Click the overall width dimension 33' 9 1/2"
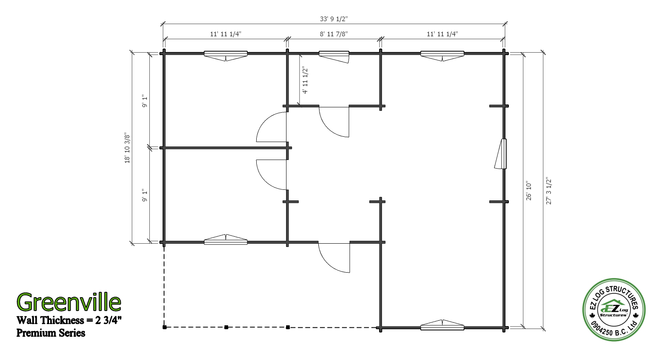pos(334,19)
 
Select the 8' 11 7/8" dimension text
pos(334,34)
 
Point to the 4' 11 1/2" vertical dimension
pos(305,80)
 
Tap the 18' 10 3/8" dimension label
pos(127,149)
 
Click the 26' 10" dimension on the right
pos(529,191)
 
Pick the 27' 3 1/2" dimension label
pos(548,191)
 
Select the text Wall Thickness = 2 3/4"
pos(69,320)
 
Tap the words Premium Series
pos(51,333)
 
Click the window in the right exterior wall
pos(502,153)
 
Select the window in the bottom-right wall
pos(442,325)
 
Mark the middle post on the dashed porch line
pos(226,327)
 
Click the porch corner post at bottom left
pos(164,327)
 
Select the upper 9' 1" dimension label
pos(144,100)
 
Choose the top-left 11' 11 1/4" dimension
pos(226,34)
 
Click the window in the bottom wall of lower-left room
pos(226,240)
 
